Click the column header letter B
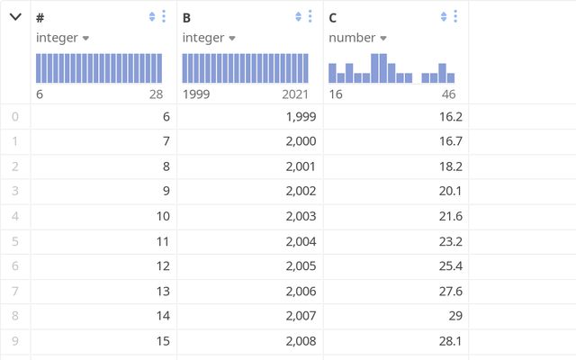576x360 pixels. [x=186, y=17]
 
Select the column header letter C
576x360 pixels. [x=333, y=17]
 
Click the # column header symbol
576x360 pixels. [x=40, y=17]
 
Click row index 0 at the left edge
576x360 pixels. [x=14, y=117]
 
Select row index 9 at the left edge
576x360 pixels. [x=14, y=342]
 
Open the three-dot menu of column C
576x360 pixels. [x=456, y=16]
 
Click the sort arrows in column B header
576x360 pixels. [x=298, y=16]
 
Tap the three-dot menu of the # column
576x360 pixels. [x=163, y=16]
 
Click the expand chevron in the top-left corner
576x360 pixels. [x=15, y=16]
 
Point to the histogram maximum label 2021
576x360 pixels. [x=295, y=94]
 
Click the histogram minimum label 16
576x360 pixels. [x=336, y=94]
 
